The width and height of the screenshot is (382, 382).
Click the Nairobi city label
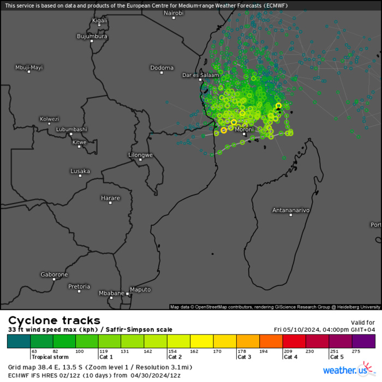point(173,12)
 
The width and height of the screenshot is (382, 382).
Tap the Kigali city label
point(100,20)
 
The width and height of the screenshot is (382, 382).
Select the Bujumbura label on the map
point(92,36)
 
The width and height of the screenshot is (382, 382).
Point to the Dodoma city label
point(162,68)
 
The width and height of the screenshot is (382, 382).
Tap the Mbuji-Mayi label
point(28,67)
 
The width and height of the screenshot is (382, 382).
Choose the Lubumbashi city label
point(71,129)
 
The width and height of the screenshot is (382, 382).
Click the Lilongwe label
point(140,155)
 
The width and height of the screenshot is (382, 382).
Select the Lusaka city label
point(80,171)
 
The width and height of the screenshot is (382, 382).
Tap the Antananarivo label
point(291,210)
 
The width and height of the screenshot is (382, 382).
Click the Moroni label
point(244,129)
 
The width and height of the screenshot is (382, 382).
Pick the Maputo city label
point(140,289)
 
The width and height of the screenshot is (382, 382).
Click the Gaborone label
point(54,274)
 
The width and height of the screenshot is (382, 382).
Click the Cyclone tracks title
point(54,320)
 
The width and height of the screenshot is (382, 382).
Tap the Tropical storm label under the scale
point(50,357)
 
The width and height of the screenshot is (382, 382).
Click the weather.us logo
point(344,371)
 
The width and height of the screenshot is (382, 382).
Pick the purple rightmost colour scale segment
point(363,341)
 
